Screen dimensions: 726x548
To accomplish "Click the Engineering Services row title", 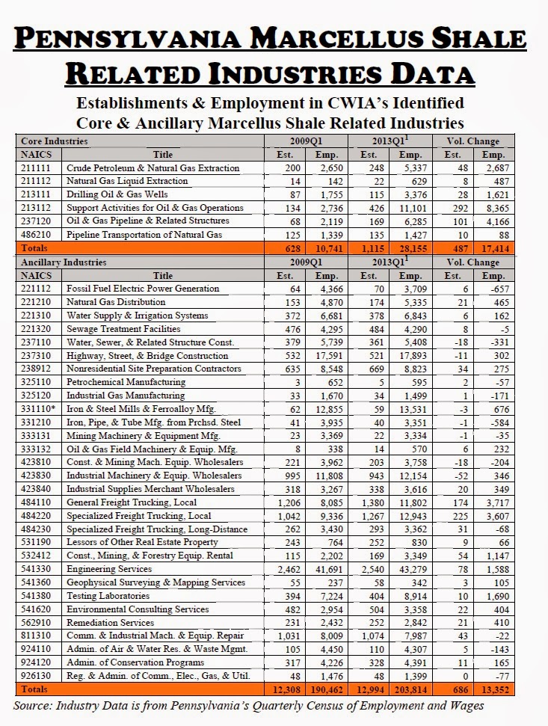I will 105,569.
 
